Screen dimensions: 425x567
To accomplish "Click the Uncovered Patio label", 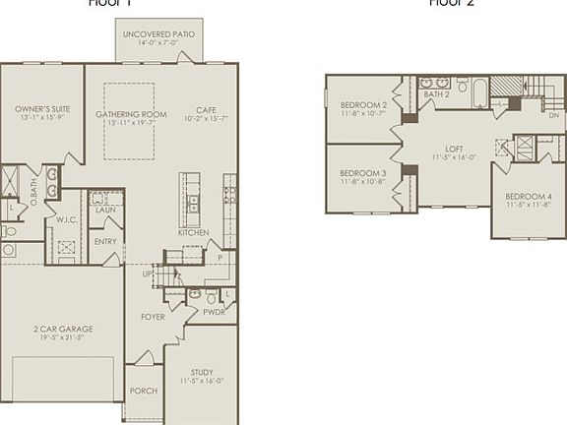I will (158, 34).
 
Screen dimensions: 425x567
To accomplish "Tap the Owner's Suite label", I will (40, 109).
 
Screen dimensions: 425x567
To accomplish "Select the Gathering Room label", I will (130, 114).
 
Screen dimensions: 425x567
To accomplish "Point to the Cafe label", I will (206, 110).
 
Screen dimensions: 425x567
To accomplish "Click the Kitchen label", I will (193, 232).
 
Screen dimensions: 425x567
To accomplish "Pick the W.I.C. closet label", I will (67, 219).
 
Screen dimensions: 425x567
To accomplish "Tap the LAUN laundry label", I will (105, 210).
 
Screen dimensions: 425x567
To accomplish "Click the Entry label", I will (105, 241).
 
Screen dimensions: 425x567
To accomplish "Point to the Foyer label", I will (153, 317).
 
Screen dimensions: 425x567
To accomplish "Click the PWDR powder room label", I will (214, 312).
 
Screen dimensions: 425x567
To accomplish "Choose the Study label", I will (202, 372).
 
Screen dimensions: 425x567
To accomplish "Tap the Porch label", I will (144, 391).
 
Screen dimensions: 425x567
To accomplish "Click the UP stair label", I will (149, 274).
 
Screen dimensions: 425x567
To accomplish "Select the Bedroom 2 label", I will (362, 105).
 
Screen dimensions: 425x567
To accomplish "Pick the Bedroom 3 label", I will (362, 173).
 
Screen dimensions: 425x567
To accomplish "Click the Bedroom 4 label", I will (529, 197).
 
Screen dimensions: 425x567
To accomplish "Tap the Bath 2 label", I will (436, 94).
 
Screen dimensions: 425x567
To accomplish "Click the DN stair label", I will (554, 115).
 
